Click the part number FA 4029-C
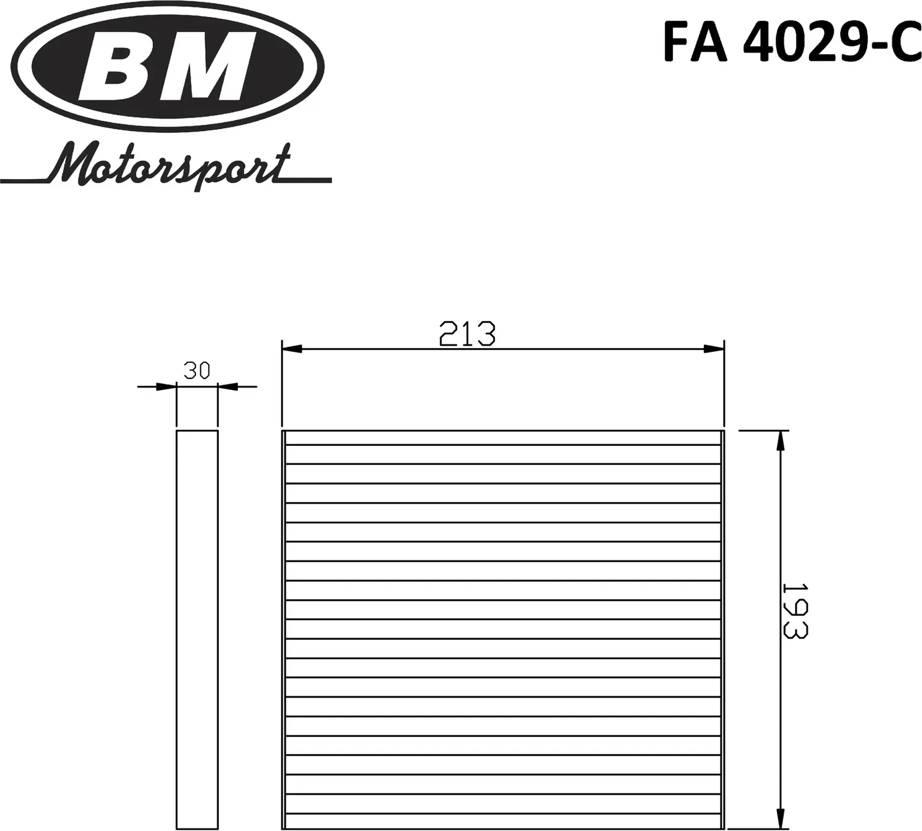(792, 42)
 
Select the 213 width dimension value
(467, 334)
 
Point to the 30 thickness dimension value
(197, 371)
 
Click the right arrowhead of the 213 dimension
(714, 349)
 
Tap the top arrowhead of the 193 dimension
(780, 440)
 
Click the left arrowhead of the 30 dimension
(167, 387)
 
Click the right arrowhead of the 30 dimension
(227, 387)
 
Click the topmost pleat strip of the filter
(503, 438)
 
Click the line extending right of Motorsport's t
(310, 180)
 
